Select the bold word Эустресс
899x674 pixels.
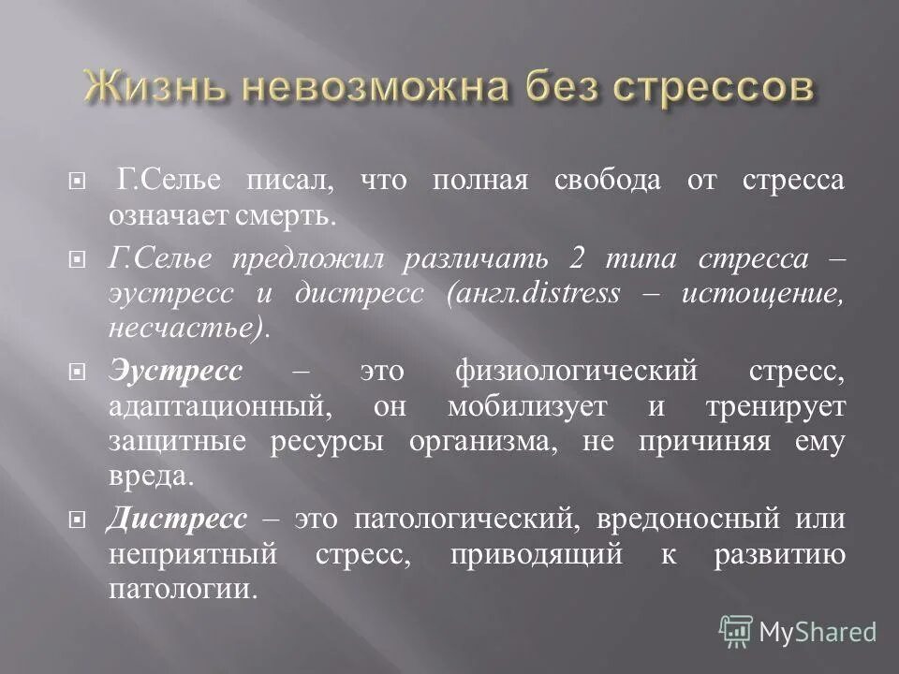[x=174, y=371]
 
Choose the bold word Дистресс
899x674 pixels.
[x=177, y=519]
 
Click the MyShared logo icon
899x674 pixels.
[x=736, y=631]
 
